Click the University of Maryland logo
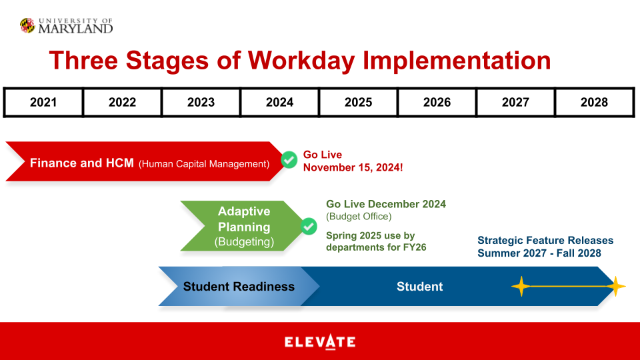click(66, 25)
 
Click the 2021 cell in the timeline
click(43, 102)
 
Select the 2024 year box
click(279, 102)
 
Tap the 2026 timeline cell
click(437, 102)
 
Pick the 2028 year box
click(594, 102)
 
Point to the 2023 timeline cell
click(201, 102)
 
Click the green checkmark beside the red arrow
click(289, 160)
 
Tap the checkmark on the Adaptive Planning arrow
click(309, 226)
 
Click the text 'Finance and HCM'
click(82, 163)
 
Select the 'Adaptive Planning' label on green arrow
click(244, 219)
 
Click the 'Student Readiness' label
click(239, 287)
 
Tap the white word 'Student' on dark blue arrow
click(419, 287)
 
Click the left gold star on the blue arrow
click(520, 287)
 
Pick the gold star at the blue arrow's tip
click(615, 287)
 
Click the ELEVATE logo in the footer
click(320, 342)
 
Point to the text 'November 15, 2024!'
click(353, 167)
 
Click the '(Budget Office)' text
click(359, 217)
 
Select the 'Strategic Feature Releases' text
click(545, 240)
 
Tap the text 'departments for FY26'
click(375, 247)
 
